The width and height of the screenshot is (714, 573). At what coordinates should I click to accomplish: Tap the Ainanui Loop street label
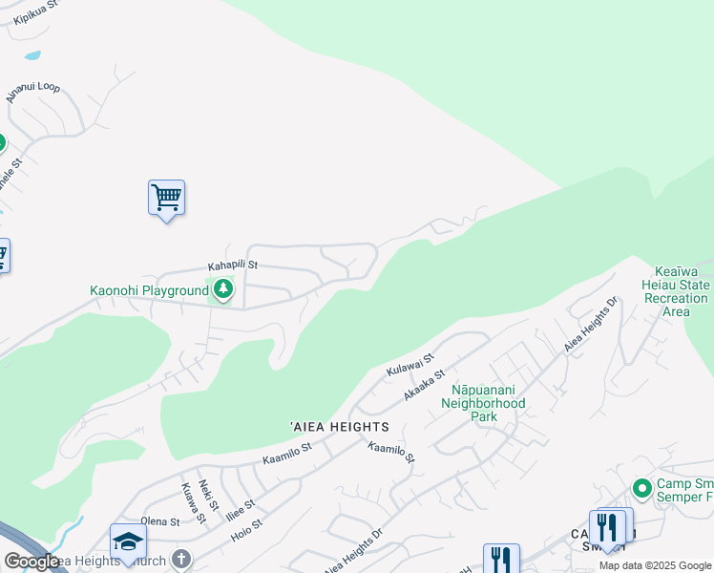(32, 92)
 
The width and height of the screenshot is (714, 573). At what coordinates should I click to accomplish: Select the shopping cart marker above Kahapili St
(166, 199)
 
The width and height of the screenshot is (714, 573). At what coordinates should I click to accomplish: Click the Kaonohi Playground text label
(149, 290)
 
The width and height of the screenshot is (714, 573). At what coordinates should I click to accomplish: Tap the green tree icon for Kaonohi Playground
(223, 288)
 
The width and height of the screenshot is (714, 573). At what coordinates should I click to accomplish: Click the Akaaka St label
(425, 386)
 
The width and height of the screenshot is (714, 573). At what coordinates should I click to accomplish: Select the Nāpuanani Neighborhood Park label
(488, 404)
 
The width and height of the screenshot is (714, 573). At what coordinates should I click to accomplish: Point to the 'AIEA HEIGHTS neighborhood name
(340, 427)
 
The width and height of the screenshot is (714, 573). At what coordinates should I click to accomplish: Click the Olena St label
(160, 522)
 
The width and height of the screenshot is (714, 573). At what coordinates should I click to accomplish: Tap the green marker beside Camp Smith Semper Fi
(641, 488)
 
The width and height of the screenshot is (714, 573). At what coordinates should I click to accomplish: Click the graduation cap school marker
(128, 542)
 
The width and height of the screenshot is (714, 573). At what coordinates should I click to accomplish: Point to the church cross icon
(180, 560)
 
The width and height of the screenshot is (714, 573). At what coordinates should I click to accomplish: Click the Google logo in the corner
(31, 562)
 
